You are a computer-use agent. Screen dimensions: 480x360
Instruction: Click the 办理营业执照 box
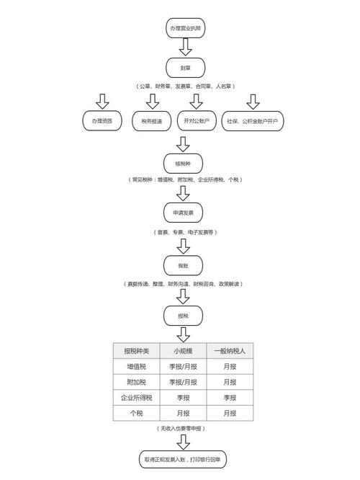click(x=184, y=28)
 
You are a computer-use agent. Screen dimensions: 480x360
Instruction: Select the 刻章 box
click(x=184, y=68)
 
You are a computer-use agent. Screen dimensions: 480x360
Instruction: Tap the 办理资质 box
click(x=102, y=120)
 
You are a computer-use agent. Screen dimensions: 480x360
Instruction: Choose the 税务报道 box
click(x=152, y=120)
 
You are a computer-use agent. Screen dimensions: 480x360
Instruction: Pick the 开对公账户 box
click(x=197, y=120)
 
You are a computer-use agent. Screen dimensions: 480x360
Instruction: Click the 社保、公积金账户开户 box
click(x=253, y=120)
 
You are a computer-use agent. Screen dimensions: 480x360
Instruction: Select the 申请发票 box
click(x=184, y=213)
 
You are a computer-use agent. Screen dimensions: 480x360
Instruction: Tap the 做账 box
click(x=184, y=265)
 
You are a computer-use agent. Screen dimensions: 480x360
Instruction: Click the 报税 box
click(x=184, y=316)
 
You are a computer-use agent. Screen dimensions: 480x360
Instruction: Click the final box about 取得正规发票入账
click(x=184, y=458)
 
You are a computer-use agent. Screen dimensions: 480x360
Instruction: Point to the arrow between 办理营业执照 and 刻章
click(x=184, y=48)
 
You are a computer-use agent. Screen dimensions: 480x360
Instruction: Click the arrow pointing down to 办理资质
click(x=102, y=100)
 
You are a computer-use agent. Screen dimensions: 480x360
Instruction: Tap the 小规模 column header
click(x=184, y=351)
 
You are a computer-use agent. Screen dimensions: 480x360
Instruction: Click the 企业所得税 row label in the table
click(x=137, y=398)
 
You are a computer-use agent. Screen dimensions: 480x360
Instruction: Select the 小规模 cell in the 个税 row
click(x=184, y=413)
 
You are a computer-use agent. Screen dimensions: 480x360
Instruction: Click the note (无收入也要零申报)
click(x=184, y=429)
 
